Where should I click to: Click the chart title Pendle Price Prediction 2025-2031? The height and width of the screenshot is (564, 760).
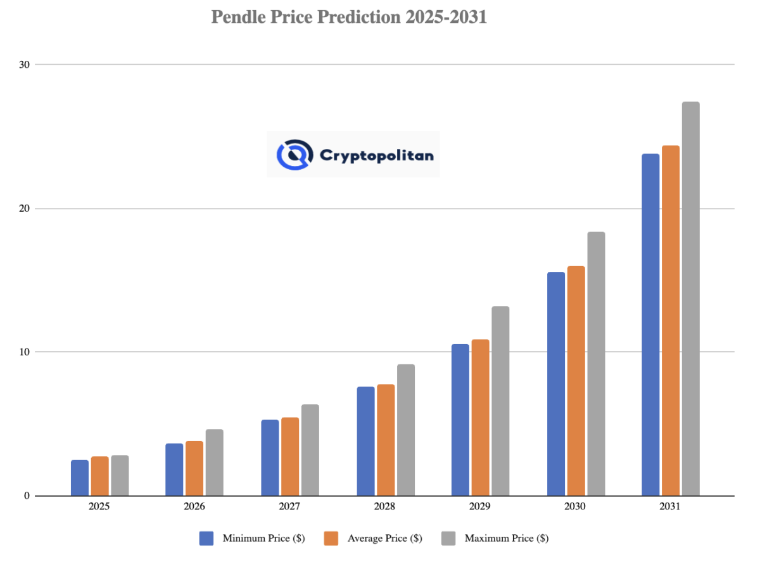click(349, 17)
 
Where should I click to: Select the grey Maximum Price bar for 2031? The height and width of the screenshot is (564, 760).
click(690, 298)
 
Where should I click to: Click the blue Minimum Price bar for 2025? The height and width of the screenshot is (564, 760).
click(80, 478)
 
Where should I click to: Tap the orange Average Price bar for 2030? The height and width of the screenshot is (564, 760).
click(576, 381)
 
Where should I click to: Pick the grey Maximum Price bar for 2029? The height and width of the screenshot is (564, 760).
click(500, 401)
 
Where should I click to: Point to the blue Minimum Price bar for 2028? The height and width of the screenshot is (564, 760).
click(365, 441)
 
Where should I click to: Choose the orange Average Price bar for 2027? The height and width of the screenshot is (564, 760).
click(290, 456)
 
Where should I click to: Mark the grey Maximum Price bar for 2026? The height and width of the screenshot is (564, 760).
click(214, 463)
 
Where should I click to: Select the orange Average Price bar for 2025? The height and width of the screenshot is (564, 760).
click(99, 476)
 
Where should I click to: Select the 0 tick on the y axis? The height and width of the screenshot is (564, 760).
click(27, 496)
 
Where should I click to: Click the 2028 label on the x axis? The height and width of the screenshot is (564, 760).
click(384, 507)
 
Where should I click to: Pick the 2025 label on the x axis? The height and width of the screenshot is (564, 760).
click(99, 507)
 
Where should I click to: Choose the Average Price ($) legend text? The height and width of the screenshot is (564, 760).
click(384, 539)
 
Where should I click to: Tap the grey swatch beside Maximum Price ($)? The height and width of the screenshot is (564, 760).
click(449, 538)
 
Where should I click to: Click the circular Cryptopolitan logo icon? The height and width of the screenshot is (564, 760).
click(295, 155)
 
